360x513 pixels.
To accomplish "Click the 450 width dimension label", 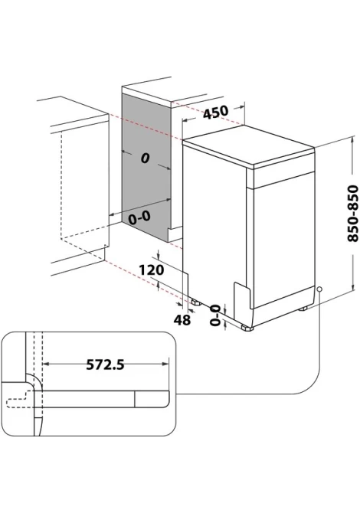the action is coord(216,112).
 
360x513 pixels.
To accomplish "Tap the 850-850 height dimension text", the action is coord(353,214).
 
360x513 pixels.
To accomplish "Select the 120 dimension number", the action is coord(151,270).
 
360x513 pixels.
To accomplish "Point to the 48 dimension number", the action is coord(182,319).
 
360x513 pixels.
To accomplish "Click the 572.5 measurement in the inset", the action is coord(105,364).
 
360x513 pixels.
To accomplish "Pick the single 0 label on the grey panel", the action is coord(145,158).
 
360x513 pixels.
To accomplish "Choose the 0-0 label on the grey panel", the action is coord(139,217).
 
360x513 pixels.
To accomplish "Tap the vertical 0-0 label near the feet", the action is coord(215,315).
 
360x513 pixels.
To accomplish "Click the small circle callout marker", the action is coord(319,289).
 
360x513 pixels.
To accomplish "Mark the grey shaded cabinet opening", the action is coord(146,167).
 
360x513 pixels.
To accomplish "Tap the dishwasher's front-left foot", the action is coord(247,328).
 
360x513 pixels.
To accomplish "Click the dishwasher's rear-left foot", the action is coord(196,302).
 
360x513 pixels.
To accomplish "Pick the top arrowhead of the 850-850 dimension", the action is coord(353,139).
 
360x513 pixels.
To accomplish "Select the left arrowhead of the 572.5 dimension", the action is coord(46,364).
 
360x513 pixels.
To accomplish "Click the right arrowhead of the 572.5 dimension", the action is coord(165,364).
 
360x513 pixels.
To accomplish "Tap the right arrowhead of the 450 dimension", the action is coord(241,106).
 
